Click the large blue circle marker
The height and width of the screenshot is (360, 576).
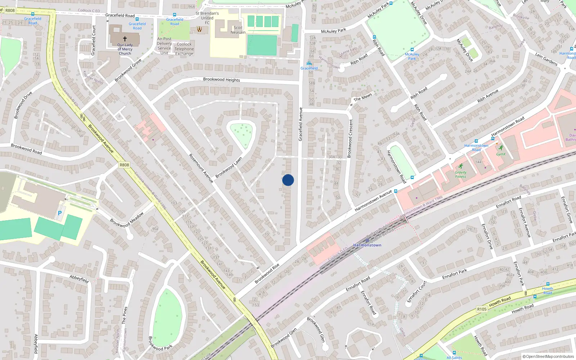click(288, 180)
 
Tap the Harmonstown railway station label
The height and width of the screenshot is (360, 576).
click(367, 245)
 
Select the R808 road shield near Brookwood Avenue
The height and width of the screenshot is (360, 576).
click(124, 165)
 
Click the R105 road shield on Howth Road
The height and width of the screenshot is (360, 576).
click(482, 309)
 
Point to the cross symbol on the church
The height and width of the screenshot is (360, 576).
click(125, 39)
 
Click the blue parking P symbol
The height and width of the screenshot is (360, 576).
click(60, 213)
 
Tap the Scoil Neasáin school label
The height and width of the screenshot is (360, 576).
click(238, 30)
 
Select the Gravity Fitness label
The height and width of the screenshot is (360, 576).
click(460, 175)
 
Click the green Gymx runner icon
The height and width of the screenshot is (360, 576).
click(501, 148)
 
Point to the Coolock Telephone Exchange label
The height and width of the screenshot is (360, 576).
click(184, 49)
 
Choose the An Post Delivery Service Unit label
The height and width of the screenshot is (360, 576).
click(164, 46)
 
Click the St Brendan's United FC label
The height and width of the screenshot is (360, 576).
click(207, 18)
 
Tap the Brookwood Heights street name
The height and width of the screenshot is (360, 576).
click(221, 80)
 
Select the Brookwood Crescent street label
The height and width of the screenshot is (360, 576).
click(350, 139)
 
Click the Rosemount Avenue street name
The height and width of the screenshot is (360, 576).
click(201, 168)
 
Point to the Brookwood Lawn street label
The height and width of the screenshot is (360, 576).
click(229, 167)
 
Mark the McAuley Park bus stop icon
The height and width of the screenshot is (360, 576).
click(412, 50)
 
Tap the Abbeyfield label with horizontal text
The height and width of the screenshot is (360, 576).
click(79, 279)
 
